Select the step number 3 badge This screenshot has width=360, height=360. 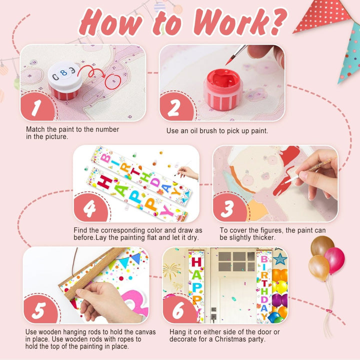click(x=229, y=208)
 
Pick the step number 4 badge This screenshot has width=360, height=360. click(x=90, y=208)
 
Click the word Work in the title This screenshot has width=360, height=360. click(x=231, y=22)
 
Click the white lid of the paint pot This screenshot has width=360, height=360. click(x=64, y=76)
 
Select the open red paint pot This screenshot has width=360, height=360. click(x=223, y=89)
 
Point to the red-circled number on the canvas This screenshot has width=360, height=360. click(x=113, y=81)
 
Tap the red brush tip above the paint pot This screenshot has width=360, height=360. click(x=229, y=61)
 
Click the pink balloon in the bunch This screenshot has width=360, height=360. click(x=334, y=260)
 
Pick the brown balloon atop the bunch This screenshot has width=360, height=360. click(x=322, y=245)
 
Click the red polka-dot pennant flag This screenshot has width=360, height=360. click(x=323, y=15)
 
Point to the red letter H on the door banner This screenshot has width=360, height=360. click(x=196, y=262)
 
